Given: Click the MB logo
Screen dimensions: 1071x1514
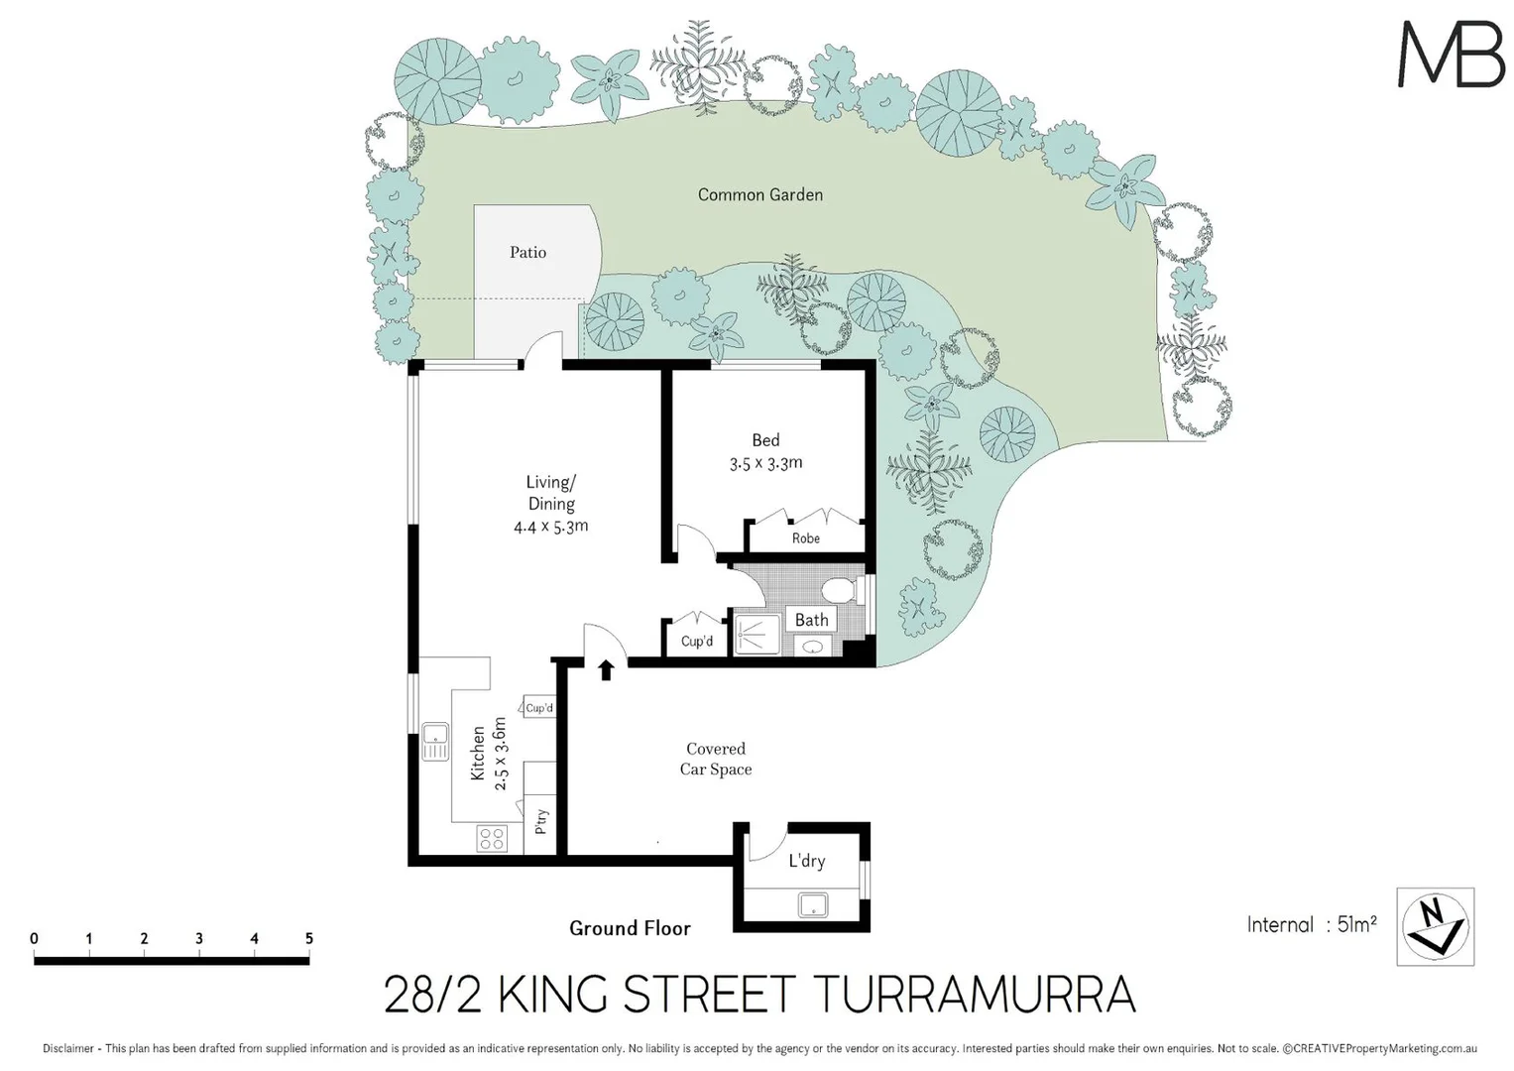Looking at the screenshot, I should pos(1451,55).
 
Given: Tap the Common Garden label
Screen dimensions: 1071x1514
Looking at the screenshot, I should pos(759,195).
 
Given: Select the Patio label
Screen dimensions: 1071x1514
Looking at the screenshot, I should pos(527,253).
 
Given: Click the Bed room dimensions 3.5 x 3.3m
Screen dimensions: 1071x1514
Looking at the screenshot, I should pos(765,463).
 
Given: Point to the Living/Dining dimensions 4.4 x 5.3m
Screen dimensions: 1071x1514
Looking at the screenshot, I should pos(550,527).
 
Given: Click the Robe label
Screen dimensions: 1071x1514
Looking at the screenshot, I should pos(805,538).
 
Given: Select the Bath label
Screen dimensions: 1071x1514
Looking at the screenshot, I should pos(811,620).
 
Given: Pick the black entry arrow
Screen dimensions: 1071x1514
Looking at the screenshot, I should pos(606,670).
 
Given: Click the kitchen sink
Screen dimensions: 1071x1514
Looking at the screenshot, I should pos(434,742).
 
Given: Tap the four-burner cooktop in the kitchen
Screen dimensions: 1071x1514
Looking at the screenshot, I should pos(492,838).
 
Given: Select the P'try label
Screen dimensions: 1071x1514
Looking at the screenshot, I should pos(541,821).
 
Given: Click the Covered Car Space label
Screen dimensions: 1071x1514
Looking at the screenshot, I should pos(715,760).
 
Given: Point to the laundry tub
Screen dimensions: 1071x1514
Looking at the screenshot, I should pos(813,904).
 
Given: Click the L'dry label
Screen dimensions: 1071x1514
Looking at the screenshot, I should pos(806,861).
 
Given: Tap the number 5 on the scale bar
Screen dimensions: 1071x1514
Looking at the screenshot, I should pos(308,938).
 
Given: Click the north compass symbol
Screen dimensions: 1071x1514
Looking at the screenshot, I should pos(1435,926).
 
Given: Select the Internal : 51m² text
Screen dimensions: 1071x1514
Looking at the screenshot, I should pos(1311,925).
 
